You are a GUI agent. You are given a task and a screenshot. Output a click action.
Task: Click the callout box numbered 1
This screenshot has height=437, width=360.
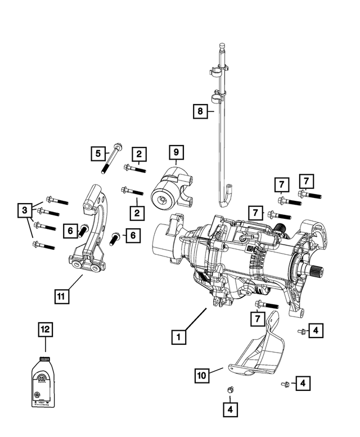(x=178, y=337)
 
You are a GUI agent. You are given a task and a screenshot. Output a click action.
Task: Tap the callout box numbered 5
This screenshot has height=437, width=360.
(x=98, y=152)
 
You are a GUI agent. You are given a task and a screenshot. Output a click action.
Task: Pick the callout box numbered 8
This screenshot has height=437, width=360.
(x=199, y=112)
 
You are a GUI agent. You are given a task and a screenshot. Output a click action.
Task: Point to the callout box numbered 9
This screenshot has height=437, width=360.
(x=175, y=152)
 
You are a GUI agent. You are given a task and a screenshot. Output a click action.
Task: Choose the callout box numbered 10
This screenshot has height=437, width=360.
(x=203, y=374)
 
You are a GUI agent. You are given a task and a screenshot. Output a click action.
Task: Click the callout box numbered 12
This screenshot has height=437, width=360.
(x=45, y=330)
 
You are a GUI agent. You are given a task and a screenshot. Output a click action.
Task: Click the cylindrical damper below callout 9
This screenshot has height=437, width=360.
(x=170, y=191)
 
